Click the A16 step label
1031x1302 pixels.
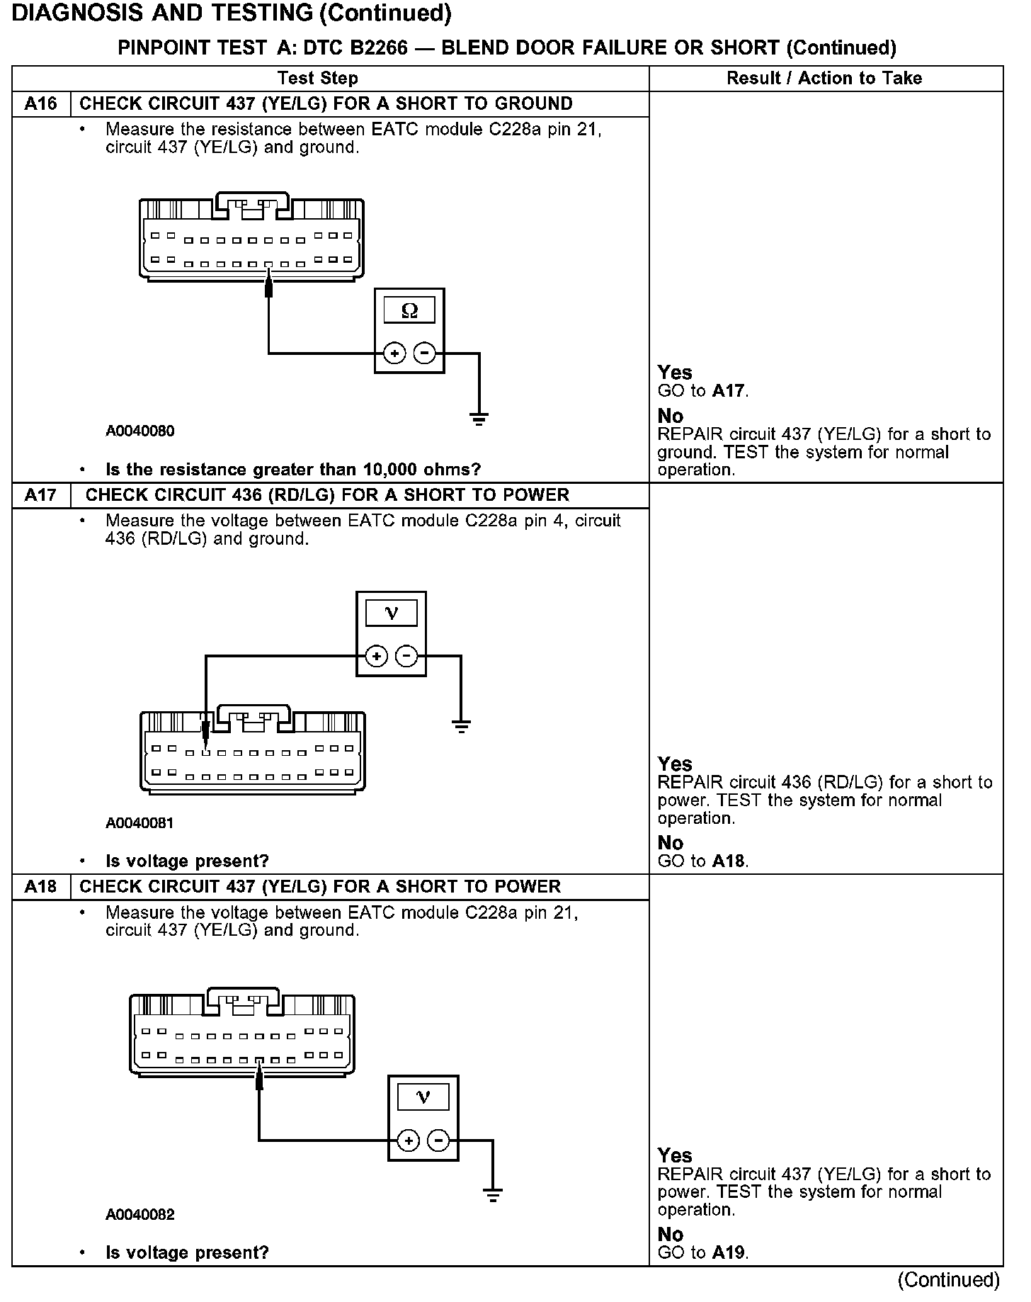click(x=40, y=104)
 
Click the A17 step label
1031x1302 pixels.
click(x=40, y=495)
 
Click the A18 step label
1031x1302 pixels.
click(x=40, y=887)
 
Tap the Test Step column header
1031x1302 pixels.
click(x=318, y=78)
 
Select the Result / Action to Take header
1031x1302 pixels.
click(x=824, y=78)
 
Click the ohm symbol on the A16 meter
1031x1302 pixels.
click(x=409, y=310)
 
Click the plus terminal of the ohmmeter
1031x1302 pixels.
click(x=394, y=353)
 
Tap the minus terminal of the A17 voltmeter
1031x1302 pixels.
click(x=406, y=657)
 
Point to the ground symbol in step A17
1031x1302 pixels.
click(x=461, y=725)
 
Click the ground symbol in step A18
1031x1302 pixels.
click(x=493, y=1195)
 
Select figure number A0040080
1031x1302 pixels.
click(x=140, y=431)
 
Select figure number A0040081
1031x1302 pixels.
click(x=140, y=823)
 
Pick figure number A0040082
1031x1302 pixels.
click(x=140, y=1215)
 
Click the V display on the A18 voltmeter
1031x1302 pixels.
click(x=423, y=1097)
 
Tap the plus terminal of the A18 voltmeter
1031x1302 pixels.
click(x=409, y=1140)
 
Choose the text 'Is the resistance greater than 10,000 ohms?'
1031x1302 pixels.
click(x=293, y=470)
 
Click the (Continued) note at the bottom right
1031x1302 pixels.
click(x=948, y=1280)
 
